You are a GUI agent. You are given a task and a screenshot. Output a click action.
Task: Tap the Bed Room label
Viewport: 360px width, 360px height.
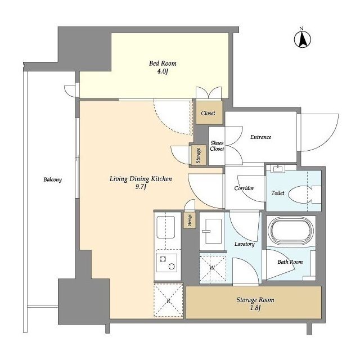163,64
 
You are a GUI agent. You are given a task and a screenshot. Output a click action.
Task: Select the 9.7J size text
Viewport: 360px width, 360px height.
141,187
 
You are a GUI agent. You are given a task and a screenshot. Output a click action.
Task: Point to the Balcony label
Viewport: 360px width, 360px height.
53,179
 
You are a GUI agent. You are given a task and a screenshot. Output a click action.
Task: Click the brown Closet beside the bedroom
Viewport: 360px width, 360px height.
209,112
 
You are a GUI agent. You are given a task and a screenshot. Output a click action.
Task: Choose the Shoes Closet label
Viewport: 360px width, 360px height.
217,146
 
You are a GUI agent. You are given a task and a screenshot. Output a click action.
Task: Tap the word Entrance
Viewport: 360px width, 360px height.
261,137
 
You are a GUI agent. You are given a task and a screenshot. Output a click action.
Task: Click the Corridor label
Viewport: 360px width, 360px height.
244,188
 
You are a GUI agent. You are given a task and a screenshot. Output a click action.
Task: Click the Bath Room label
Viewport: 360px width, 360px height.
290,262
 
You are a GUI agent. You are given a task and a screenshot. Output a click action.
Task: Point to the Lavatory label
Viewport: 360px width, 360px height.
245,244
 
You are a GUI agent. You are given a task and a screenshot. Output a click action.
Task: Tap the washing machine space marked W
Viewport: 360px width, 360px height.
213,268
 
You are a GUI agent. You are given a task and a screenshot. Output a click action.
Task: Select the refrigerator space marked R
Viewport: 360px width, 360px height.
169,300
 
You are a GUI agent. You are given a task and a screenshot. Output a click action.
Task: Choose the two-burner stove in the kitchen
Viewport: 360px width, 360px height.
166,263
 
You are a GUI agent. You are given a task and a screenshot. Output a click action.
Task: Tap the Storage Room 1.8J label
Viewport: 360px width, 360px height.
255,304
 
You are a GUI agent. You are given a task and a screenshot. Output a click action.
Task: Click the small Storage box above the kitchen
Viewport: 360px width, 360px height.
190,220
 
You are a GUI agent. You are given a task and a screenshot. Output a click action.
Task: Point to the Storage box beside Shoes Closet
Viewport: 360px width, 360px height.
199,155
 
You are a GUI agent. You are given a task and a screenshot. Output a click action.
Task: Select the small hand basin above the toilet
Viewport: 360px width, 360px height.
278,169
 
